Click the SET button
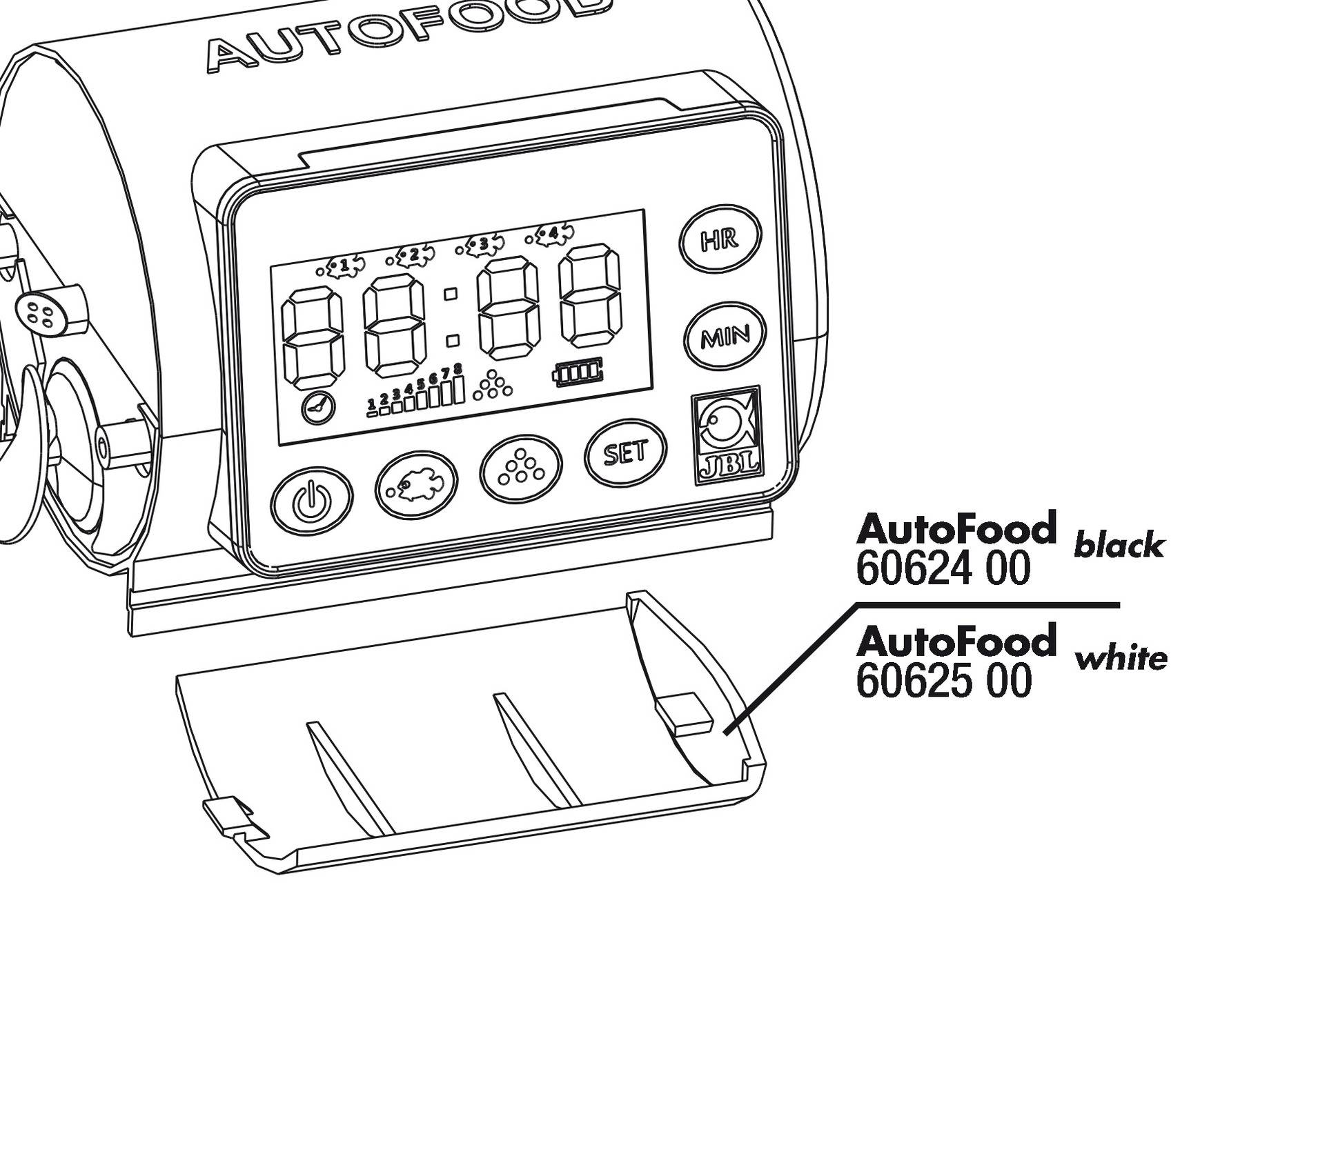click(x=625, y=452)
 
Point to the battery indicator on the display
click(x=578, y=373)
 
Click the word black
click(x=1118, y=546)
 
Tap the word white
click(x=1121, y=659)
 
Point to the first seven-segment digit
click(x=313, y=338)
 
